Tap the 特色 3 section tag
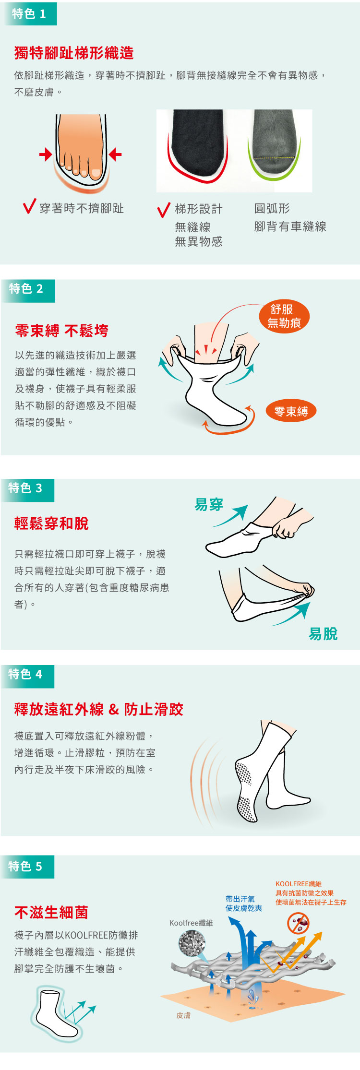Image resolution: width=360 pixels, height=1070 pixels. point(27,490)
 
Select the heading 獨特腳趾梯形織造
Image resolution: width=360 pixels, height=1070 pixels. point(74,53)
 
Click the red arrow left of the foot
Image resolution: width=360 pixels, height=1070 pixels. point(46,154)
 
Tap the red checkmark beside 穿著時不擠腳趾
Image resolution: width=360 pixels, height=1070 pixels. point(29,206)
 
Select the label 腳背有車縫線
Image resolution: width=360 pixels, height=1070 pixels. point(290,226)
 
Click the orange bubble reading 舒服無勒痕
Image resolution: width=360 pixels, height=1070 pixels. point(284,316)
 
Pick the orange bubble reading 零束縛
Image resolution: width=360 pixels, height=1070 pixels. point(291,411)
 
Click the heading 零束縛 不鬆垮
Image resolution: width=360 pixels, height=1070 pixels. point(61,331)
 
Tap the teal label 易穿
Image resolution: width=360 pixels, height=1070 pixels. point(209,505)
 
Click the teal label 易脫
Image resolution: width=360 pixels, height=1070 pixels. point(323,634)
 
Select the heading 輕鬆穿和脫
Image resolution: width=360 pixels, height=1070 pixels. point(51,523)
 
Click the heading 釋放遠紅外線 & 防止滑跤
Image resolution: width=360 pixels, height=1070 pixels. point(98,709)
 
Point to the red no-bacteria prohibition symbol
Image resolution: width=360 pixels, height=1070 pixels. point(299,923)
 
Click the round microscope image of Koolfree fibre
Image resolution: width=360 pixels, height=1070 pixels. point(192,943)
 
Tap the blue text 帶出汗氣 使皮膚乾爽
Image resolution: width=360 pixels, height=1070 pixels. point(244,904)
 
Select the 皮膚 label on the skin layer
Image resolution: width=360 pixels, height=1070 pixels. point(183,1015)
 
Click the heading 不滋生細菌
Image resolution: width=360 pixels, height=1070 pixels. point(51,912)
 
